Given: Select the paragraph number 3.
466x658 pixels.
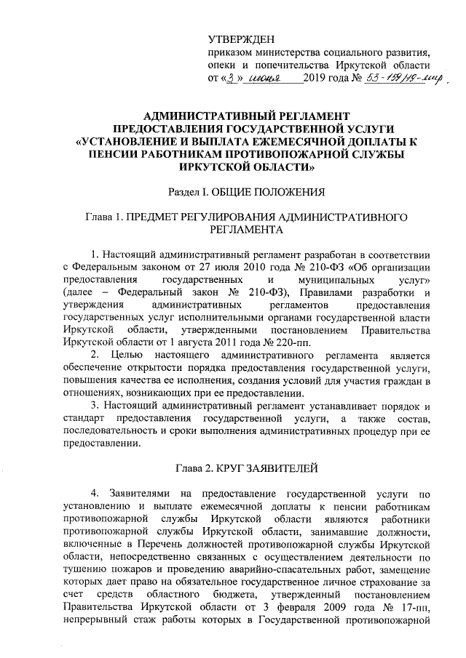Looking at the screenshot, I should point(91,405).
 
